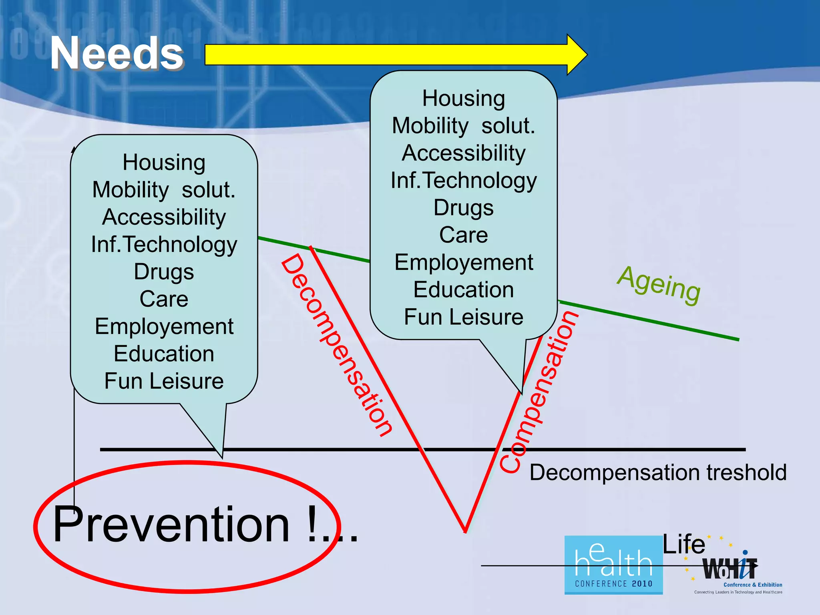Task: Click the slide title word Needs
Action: click(x=117, y=53)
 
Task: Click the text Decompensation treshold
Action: click(x=658, y=472)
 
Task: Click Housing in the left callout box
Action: click(x=164, y=163)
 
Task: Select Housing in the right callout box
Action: click(x=464, y=98)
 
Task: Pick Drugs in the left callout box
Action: click(x=164, y=272)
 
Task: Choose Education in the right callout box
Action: click(x=464, y=290)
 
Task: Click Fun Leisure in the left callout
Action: click(x=164, y=381)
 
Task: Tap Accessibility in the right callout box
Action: click(x=464, y=153)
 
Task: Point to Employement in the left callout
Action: click(x=164, y=327)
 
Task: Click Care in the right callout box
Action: click(x=464, y=235)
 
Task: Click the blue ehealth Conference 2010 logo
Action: click(x=613, y=565)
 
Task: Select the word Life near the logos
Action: click(x=683, y=545)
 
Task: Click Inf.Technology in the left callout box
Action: click(x=164, y=245)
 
